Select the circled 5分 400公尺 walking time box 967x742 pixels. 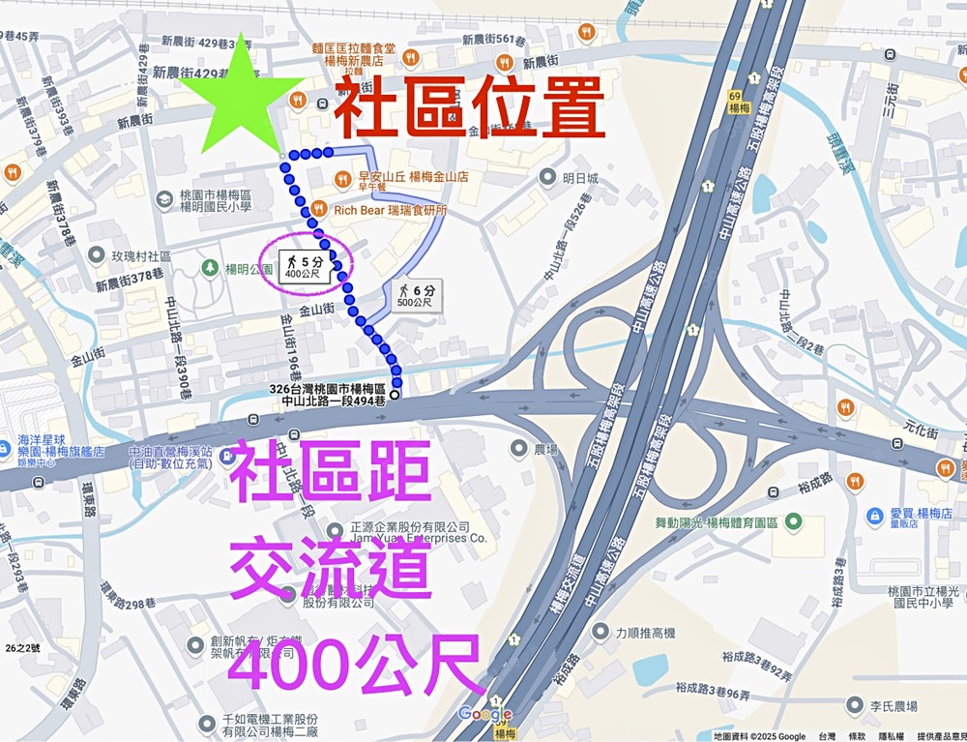[x=305, y=266]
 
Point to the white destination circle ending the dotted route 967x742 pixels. [x=395, y=394]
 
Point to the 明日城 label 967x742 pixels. [x=580, y=178]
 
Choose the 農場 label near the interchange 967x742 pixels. [x=546, y=450]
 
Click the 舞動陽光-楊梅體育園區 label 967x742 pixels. [x=717, y=522]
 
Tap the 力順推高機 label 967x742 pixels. [x=645, y=633]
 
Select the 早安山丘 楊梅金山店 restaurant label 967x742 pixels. [x=413, y=177]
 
